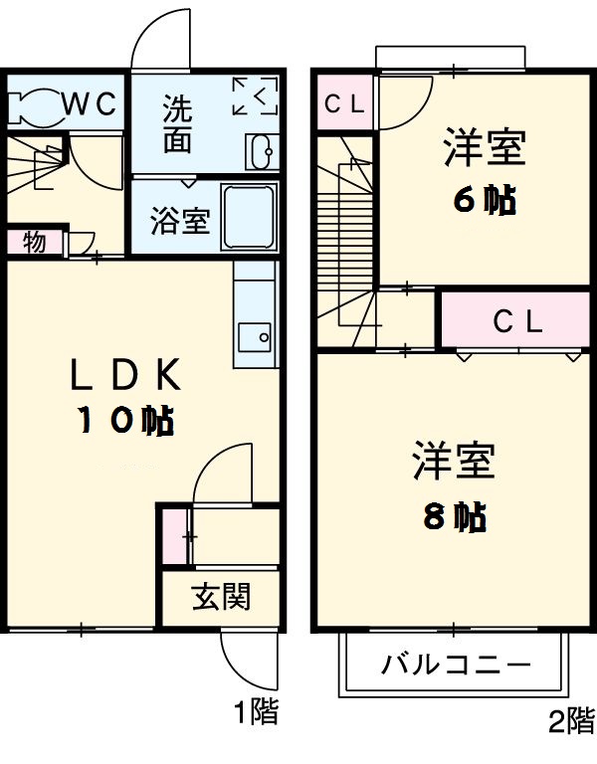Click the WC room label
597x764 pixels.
click(x=92, y=102)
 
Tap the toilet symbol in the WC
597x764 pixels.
click(x=33, y=103)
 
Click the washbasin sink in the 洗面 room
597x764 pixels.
click(x=263, y=152)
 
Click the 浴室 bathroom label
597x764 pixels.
click(x=180, y=221)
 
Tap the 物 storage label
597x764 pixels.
click(x=33, y=242)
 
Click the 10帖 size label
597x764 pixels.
click(x=126, y=421)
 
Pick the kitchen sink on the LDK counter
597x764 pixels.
click(x=256, y=337)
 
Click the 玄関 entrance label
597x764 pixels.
click(x=220, y=597)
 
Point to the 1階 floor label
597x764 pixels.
click(x=256, y=712)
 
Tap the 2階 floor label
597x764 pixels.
click(x=570, y=720)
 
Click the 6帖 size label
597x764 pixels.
click(x=484, y=201)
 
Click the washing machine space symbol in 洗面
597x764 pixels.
click(x=255, y=96)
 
